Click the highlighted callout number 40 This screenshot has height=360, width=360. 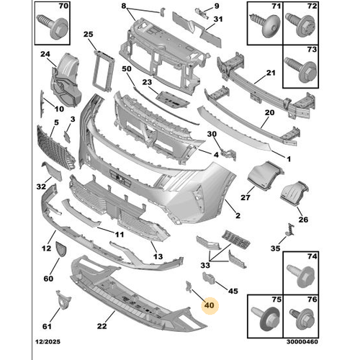point(209,305)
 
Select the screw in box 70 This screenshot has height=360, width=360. point(52,27)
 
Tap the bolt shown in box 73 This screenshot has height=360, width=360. point(301,69)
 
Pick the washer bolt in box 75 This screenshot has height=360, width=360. point(266,318)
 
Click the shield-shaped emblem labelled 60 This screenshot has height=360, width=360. point(60,249)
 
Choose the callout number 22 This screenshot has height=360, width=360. point(102,326)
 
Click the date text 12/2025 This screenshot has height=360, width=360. point(48,341)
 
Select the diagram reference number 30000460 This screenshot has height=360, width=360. point(302,341)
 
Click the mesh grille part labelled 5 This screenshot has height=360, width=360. point(55,147)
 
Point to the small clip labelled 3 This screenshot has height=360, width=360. point(67,137)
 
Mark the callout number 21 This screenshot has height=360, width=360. point(271,73)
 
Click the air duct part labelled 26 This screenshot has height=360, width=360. point(294,193)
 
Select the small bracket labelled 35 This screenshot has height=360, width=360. point(290,230)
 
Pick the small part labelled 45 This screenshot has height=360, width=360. point(209,278)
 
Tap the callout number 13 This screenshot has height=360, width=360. point(158,256)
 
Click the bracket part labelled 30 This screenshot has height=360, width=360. point(228,154)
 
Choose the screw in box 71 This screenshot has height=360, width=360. point(265,25)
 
